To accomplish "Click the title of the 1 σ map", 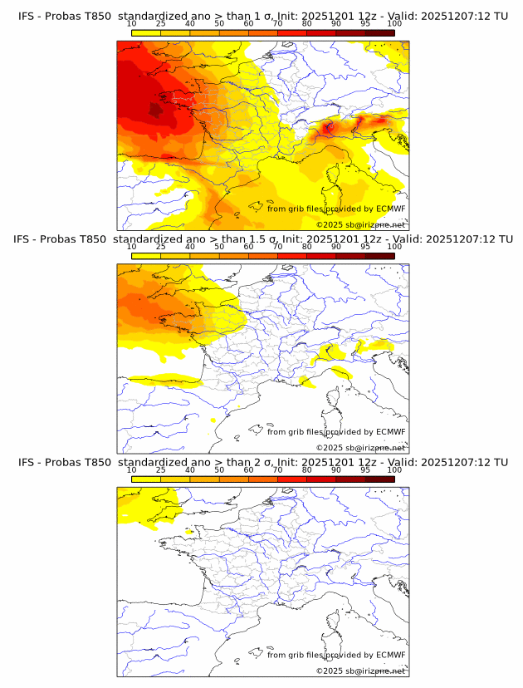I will click(x=262, y=16).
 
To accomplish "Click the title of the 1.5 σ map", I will click(x=262, y=238).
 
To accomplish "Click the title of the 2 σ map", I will click(x=262, y=462).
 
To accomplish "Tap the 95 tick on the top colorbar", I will click(x=365, y=23).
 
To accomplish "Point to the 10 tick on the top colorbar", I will click(x=132, y=23).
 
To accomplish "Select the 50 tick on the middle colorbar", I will click(x=219, y=247).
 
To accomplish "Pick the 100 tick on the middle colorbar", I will click(x=394, y=247).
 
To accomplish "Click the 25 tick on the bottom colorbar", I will click(x=161, y=470).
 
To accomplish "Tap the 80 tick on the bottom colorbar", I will click(x=307, y=470).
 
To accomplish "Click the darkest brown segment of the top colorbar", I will click(x=379, y=32).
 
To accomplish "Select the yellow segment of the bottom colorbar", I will click(x=146, y=479).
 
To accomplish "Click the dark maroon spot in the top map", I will click(x=155, y=109).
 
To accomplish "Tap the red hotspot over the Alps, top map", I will click(x=328, y=127).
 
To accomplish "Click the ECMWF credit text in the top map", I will click(x=336, y=209).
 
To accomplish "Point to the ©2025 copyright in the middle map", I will click(x=360, y=448).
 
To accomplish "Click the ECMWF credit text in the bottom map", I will click(x=336, y=655).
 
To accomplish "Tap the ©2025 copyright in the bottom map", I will click(x=360, y=671).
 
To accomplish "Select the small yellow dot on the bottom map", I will click(x=189, y=531).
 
